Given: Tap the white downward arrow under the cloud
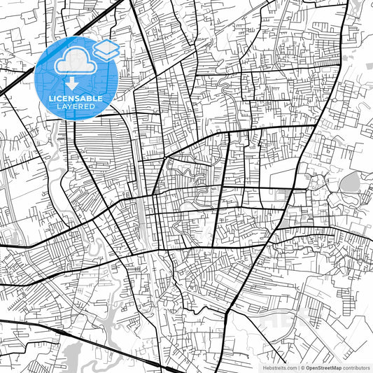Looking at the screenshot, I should tap(71, 84).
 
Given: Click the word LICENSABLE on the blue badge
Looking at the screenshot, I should tap(75, 99).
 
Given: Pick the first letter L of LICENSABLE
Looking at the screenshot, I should tap(49, 99).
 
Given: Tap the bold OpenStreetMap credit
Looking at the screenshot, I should tap(323, 367).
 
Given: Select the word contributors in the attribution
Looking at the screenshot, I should tap(356, 367).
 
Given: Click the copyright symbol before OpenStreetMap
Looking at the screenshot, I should tap(302, 367).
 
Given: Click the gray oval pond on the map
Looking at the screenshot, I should tap(349, 183).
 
